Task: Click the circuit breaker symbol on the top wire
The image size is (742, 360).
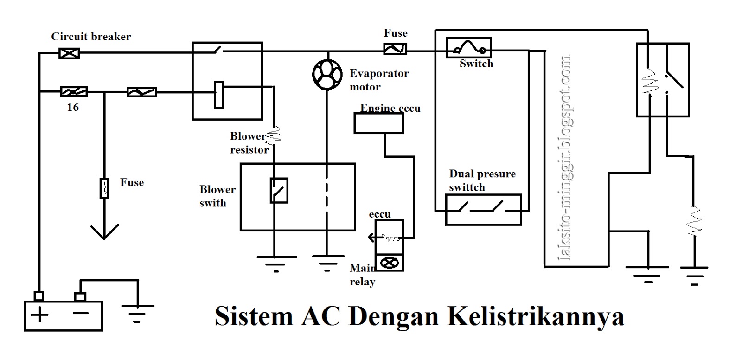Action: pos(69,53)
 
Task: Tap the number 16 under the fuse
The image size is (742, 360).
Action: pos(73,108)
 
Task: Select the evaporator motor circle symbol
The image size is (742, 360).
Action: pos(327,74)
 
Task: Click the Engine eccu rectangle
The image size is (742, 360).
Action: pos(378,123)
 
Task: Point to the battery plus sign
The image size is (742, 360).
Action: pos(40,315)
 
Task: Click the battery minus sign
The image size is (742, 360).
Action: pos(80,314)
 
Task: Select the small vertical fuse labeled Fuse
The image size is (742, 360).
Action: pos(104,188)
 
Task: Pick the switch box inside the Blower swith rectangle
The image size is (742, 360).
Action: pos(279,191)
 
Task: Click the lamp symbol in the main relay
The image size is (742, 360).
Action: pos(389,263)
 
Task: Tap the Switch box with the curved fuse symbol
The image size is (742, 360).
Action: pos(468,48)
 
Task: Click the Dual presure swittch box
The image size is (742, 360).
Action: pos(483,210)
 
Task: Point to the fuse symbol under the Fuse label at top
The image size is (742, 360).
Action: pos(395,49)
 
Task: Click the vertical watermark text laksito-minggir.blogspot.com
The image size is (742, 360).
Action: pos(566,158)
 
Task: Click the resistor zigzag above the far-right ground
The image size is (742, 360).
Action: pos(694,221)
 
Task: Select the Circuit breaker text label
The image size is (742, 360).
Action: pos(91,37)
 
